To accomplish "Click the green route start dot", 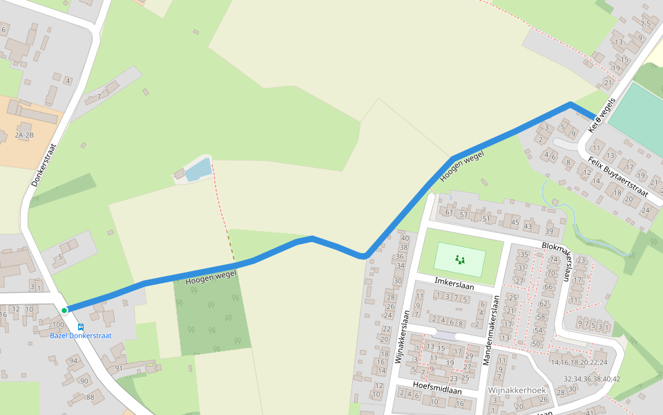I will tap(64, 311).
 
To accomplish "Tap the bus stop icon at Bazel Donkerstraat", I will tap(81, 326).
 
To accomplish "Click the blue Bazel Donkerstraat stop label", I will tap(81, 335).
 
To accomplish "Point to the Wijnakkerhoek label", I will tap(517, 390).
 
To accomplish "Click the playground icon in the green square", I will tap(460, 260).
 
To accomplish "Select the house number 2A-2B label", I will tap(24, 136).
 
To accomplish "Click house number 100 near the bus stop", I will tap(58, 324).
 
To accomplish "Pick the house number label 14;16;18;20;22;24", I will tap(579, 362).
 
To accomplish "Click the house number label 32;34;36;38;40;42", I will tap(592, 379).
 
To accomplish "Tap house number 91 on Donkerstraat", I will tap(119, 369).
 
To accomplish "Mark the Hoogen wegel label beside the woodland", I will tap(211, 277).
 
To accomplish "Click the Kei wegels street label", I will tap(601, 115).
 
